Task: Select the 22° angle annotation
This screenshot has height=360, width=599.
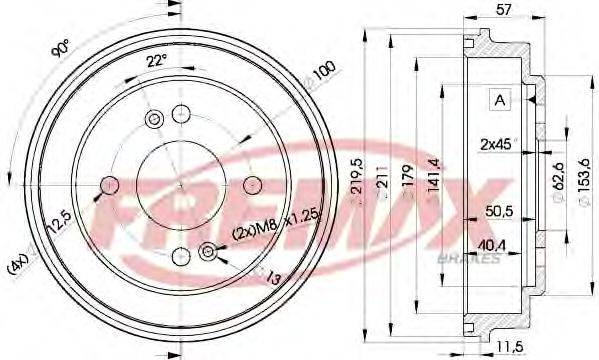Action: [156, 62]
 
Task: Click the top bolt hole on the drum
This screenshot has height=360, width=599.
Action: [181, 112]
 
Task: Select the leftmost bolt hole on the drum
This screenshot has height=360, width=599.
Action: [109, 185]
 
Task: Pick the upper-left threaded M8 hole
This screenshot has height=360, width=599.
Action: [154, 120]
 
